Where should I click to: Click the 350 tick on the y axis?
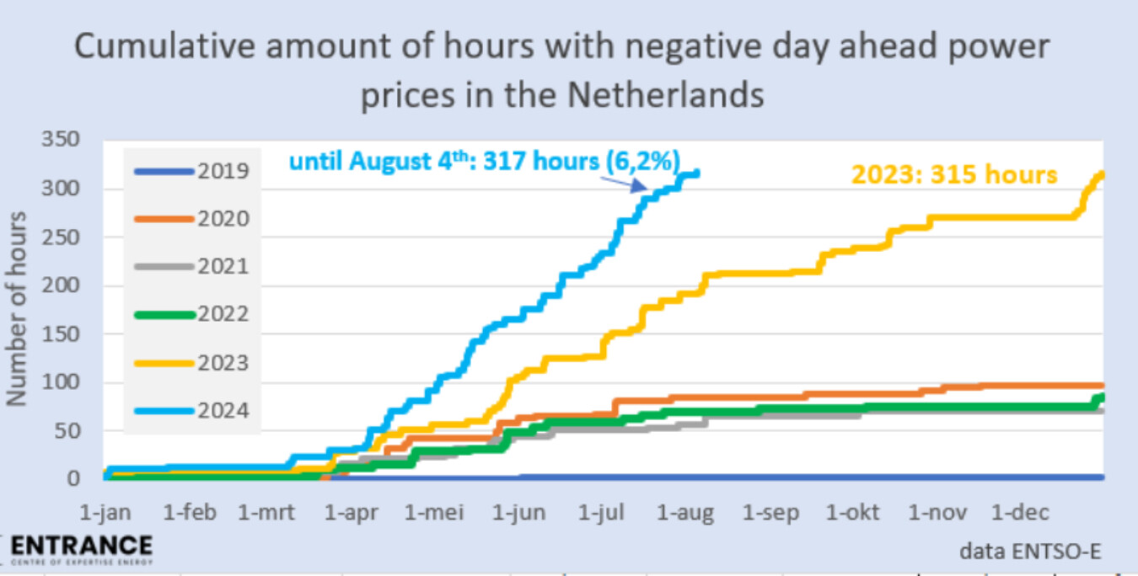62,140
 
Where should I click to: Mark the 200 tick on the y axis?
62,285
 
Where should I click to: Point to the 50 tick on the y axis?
67,431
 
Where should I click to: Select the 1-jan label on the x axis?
106,513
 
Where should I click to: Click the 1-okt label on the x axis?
854,513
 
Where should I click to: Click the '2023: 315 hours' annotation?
953,174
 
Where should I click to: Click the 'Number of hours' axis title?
19,308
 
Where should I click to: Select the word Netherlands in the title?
665,95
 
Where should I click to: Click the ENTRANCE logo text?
82,545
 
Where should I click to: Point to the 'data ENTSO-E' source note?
1030,551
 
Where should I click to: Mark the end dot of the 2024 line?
695,173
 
